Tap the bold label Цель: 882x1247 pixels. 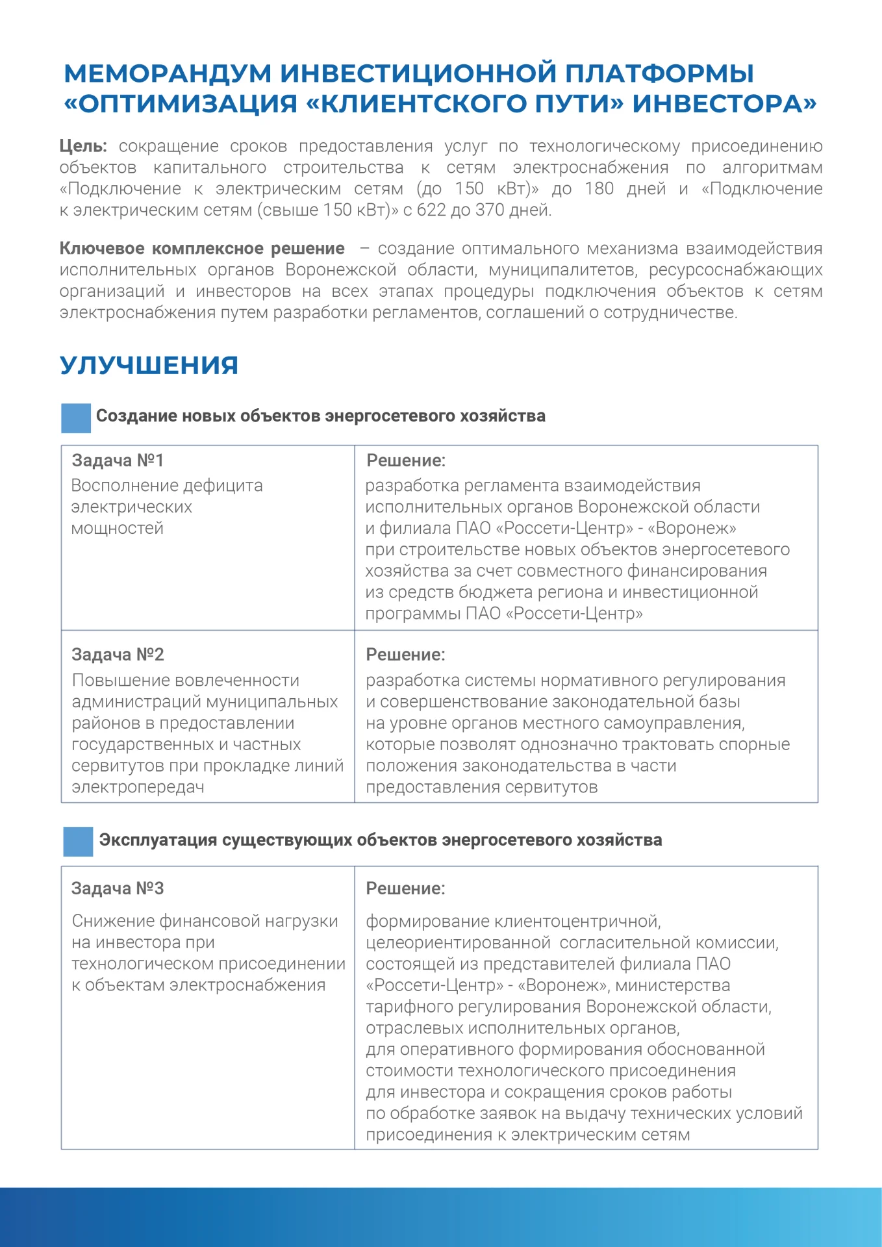pyautogui.click(x=83, y=146)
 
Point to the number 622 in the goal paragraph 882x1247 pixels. pyautogui.click(x=431, y=210)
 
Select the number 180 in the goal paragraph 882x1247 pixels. pyautogui.click(x=599, y=189)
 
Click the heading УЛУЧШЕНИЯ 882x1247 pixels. pyautogui.click(x=149, y=366)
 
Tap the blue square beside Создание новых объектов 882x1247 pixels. pyautogui.click(x=76, y=418)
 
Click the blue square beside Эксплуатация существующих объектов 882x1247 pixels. pyautogui.click(x=78, y=842)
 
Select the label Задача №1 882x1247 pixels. pyautogui.click(x=118, y=460)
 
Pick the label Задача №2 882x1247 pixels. pyautogui.click(x=118, y=655)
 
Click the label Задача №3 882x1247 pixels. pyautogui.click(x=118, y=888)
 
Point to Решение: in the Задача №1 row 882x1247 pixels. pyautogui.click(x=406, y=460)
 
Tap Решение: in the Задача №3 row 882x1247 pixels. pyautogui.click(x=405, y=888)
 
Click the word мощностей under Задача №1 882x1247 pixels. pyautogui.click(x=117, y=529)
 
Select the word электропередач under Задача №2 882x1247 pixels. pyautogui.click(x=138, y=788)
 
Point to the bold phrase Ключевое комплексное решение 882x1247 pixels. pyautogui.click(x=202, y=249)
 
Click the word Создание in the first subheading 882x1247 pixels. pyautogui.click(x=136, y=416)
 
